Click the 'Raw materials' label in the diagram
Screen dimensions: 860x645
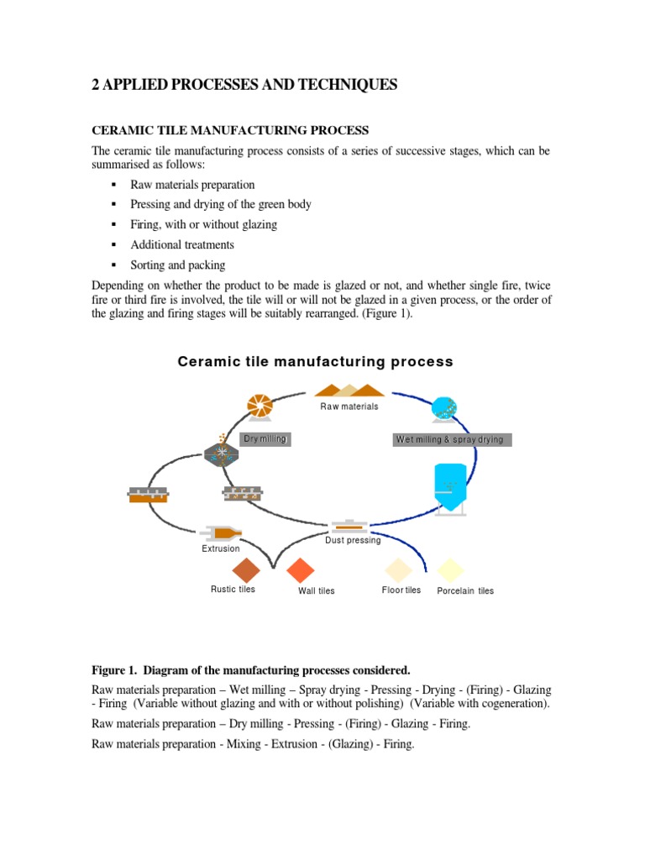click(349, 406)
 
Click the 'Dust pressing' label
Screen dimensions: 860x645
click(353, 540)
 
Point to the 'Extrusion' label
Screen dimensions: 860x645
click(221, 548)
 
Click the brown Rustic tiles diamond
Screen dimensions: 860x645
click(247, 571)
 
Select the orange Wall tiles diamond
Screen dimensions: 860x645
click(300, 571)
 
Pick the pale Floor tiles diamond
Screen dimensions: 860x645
click(398, 570)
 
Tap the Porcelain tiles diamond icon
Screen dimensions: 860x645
click(451, 570)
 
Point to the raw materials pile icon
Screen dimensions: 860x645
click(349, 390)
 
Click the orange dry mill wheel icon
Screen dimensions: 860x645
click(260, 406)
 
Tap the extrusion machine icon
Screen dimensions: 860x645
click(223, 532)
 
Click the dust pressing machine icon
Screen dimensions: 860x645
click(349, 526)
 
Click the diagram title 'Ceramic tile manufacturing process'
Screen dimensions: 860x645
click(315, 362)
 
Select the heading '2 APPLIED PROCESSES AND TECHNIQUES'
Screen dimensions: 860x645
click(244, 85)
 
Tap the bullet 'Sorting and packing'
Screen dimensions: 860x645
click(178, 265)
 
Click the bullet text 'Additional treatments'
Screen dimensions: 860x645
click(182, 245)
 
